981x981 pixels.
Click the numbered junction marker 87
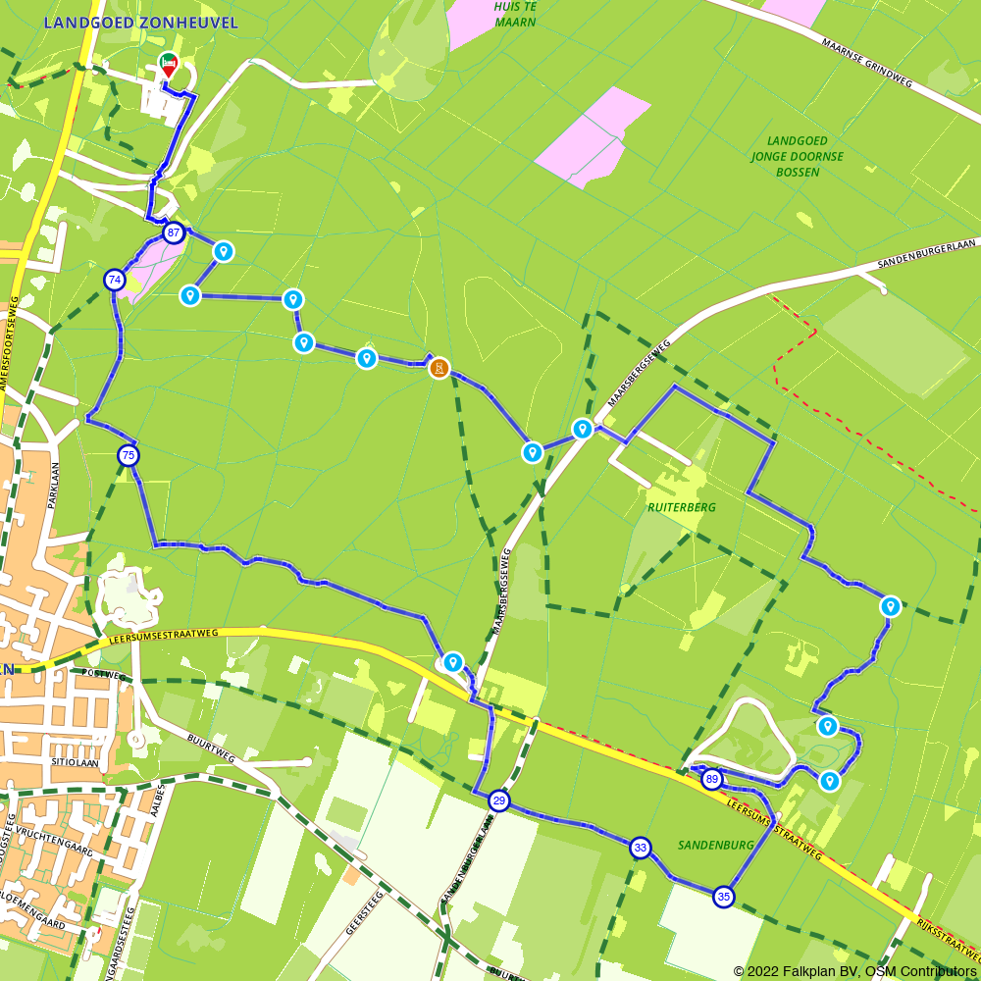(x=174, y=233)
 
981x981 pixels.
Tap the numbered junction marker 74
(x=115, y=280)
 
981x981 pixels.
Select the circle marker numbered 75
(x=129, y=455)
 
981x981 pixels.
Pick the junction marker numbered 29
(x=499, y=801)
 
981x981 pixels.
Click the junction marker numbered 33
(x=641, y=848)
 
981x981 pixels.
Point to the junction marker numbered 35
(x=724, y=897)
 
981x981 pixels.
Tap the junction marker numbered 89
(x=712, y=780)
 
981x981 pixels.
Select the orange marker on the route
(x=439, y=368)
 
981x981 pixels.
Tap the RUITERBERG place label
(x=682, y=507)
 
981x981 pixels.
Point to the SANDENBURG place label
(x=715, y=845)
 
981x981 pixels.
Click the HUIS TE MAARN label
(x=515, y=14)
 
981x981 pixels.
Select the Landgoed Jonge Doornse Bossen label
(x=796, y=157)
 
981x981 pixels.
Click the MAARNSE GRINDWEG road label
(x=867, y=64)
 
